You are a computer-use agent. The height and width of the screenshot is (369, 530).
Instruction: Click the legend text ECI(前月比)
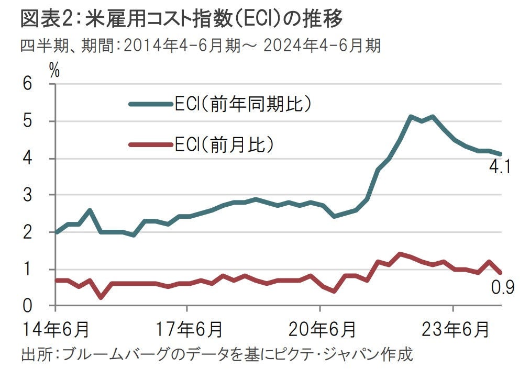(224, 145)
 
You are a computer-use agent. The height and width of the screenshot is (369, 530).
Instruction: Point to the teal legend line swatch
(151, 104)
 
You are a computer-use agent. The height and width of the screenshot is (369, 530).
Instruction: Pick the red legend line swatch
(151, 145)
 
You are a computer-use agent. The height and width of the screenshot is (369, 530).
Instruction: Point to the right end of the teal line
(501, 154)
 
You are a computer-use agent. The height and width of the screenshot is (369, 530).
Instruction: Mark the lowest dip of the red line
(100, 297)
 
